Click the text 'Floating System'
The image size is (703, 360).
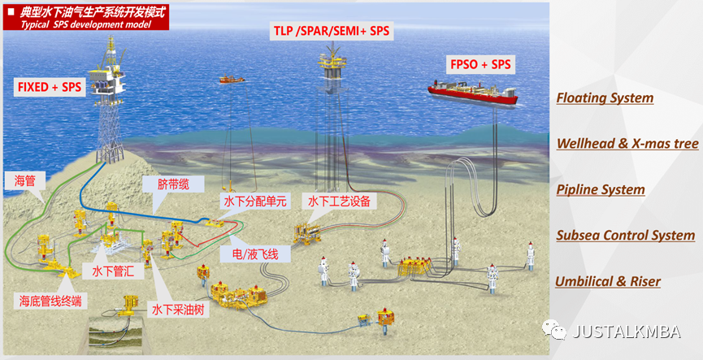(x=605, y=98)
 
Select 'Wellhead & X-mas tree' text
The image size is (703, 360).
(x=627, y=144)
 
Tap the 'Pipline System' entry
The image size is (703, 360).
(x=601, y=189)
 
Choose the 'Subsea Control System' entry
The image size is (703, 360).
(x=625, y=236)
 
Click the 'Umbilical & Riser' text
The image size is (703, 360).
(x=607, y=282)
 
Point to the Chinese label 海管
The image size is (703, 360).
(x=24, y=180)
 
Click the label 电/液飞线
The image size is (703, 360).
(x=250, y=255)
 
